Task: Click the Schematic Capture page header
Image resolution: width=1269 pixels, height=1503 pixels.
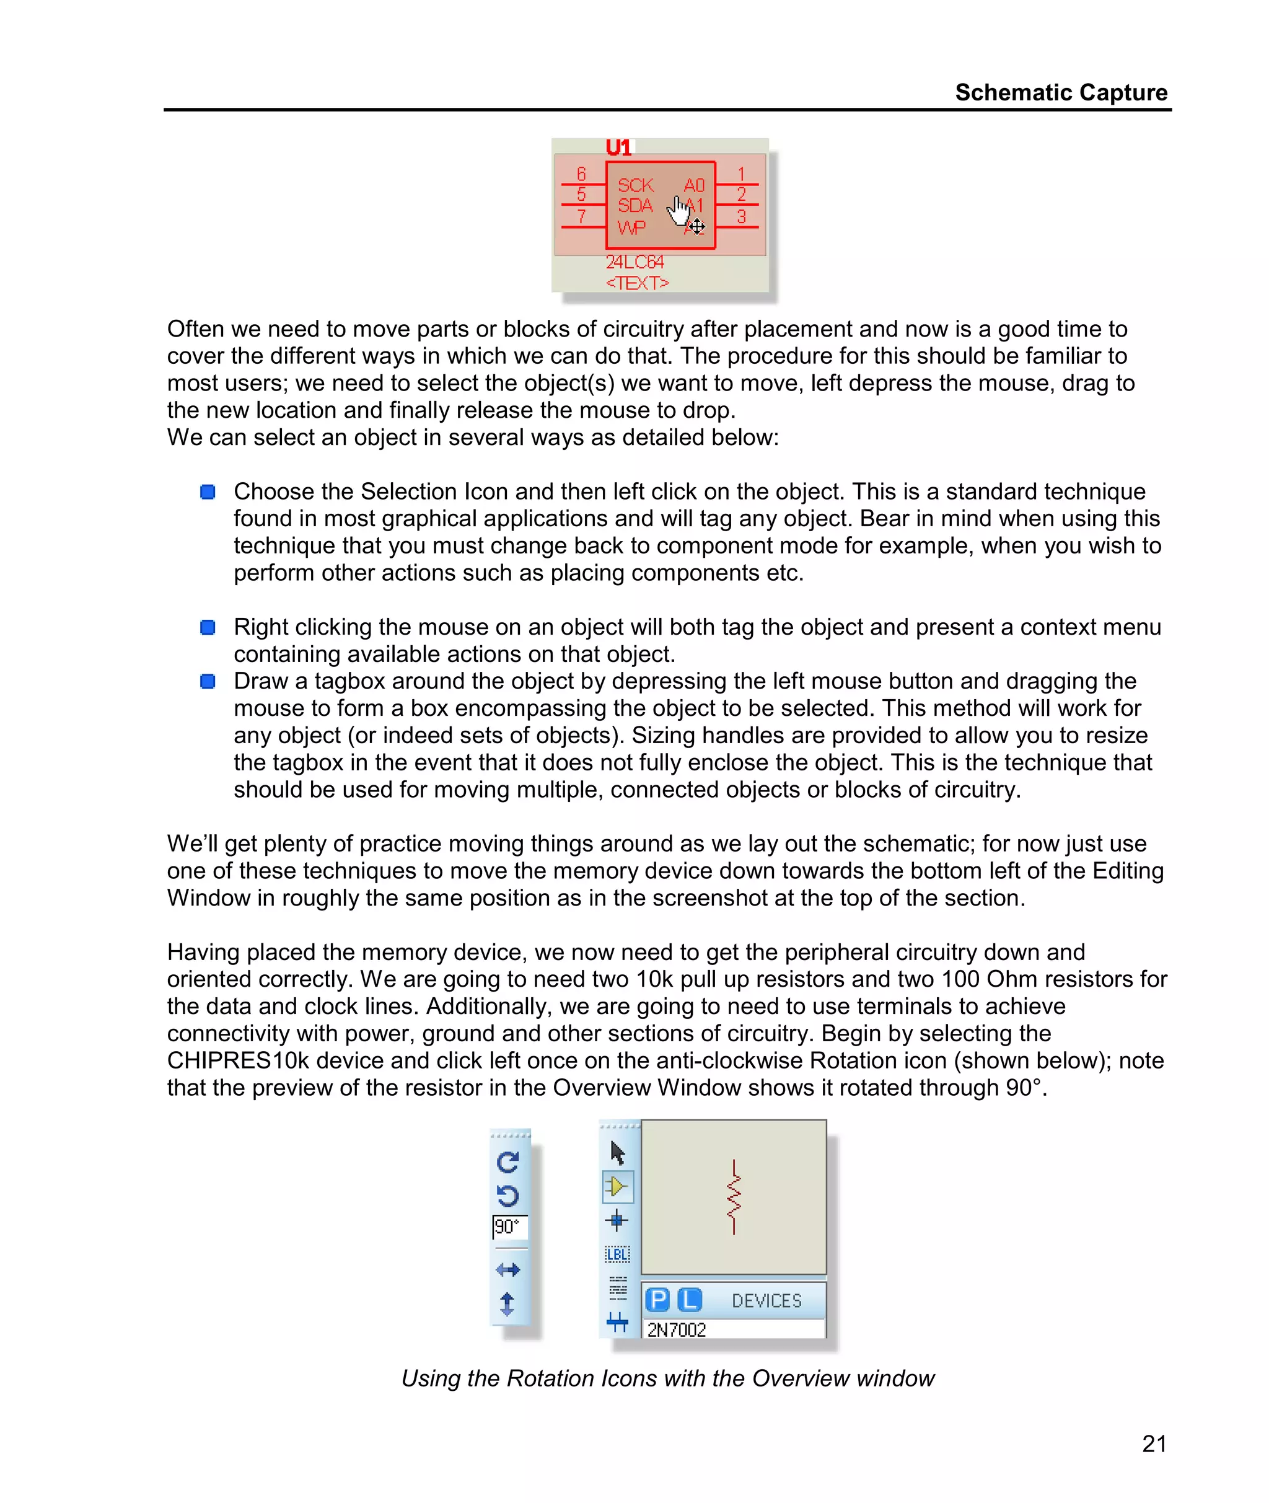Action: (1060, 92)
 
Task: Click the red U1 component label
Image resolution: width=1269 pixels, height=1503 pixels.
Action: (618, 148)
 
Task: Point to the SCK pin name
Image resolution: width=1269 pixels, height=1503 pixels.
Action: (635, 185)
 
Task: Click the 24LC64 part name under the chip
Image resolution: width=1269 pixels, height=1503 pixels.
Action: (634, 262)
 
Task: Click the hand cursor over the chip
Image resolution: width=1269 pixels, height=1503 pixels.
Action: (679, 211)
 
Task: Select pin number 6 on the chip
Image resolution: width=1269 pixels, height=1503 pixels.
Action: (581, 174)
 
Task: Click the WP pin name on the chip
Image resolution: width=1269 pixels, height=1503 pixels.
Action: (631, 227)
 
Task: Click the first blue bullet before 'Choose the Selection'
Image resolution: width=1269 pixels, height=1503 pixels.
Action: (208, 491)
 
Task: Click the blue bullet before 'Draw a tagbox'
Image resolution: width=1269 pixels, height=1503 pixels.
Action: (208, 681)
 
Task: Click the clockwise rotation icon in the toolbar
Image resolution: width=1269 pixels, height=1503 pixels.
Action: (508, 1162)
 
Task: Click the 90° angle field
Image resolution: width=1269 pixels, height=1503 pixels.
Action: (509, 1227)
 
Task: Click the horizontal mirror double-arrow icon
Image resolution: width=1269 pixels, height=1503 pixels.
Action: (508, 1270)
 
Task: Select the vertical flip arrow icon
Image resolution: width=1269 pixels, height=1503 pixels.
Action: (507, 1303)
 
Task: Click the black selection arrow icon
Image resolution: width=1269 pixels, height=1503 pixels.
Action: (617, 1153)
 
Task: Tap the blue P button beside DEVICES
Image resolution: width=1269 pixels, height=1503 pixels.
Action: (657, 1299)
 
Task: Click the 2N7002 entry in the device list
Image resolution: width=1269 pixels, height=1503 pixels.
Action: (676, 1329)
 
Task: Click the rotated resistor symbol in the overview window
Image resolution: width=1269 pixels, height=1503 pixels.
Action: (733, 1196)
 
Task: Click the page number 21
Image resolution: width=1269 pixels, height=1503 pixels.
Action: (1154, 1443)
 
